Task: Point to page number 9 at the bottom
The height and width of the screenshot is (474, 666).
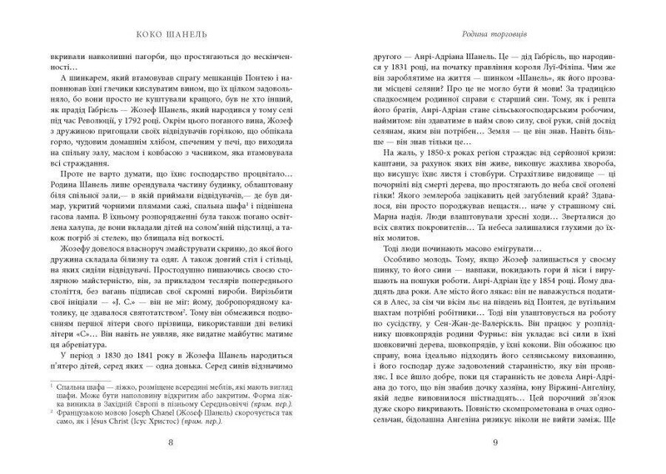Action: [x=495, y=442]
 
